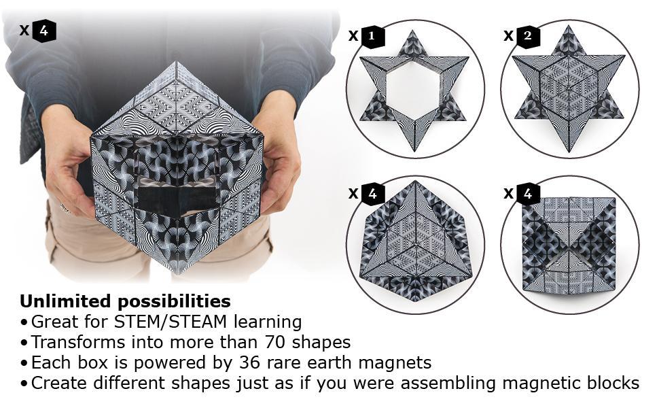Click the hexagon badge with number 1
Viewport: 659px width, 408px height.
(x=372, y=36)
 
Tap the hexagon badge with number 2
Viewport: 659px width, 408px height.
(x=527, y=36)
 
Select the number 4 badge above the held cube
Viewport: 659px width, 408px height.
(x=44, y=31)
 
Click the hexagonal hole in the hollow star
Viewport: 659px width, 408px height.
(x=414, y=90)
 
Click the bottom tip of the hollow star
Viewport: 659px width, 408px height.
(x=414, y=150)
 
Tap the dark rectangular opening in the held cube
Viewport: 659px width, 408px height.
(x=179, y=199)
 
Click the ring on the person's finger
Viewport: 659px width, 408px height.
(x=65, y=209)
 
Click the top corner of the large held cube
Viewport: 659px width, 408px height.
(x=177, y=63)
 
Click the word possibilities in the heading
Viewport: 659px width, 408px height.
(x=174, y=302)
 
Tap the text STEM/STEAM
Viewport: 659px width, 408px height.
(x=171, y=322)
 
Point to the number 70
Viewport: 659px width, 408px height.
(x=276, y=343)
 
